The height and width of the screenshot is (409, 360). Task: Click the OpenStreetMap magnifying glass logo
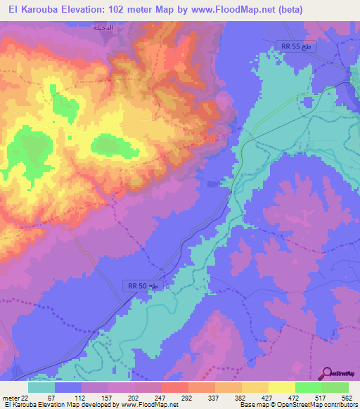328,374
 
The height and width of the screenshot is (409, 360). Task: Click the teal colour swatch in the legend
41,387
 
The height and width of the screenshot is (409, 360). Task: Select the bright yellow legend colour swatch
281,387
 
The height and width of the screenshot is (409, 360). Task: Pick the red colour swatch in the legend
174,387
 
